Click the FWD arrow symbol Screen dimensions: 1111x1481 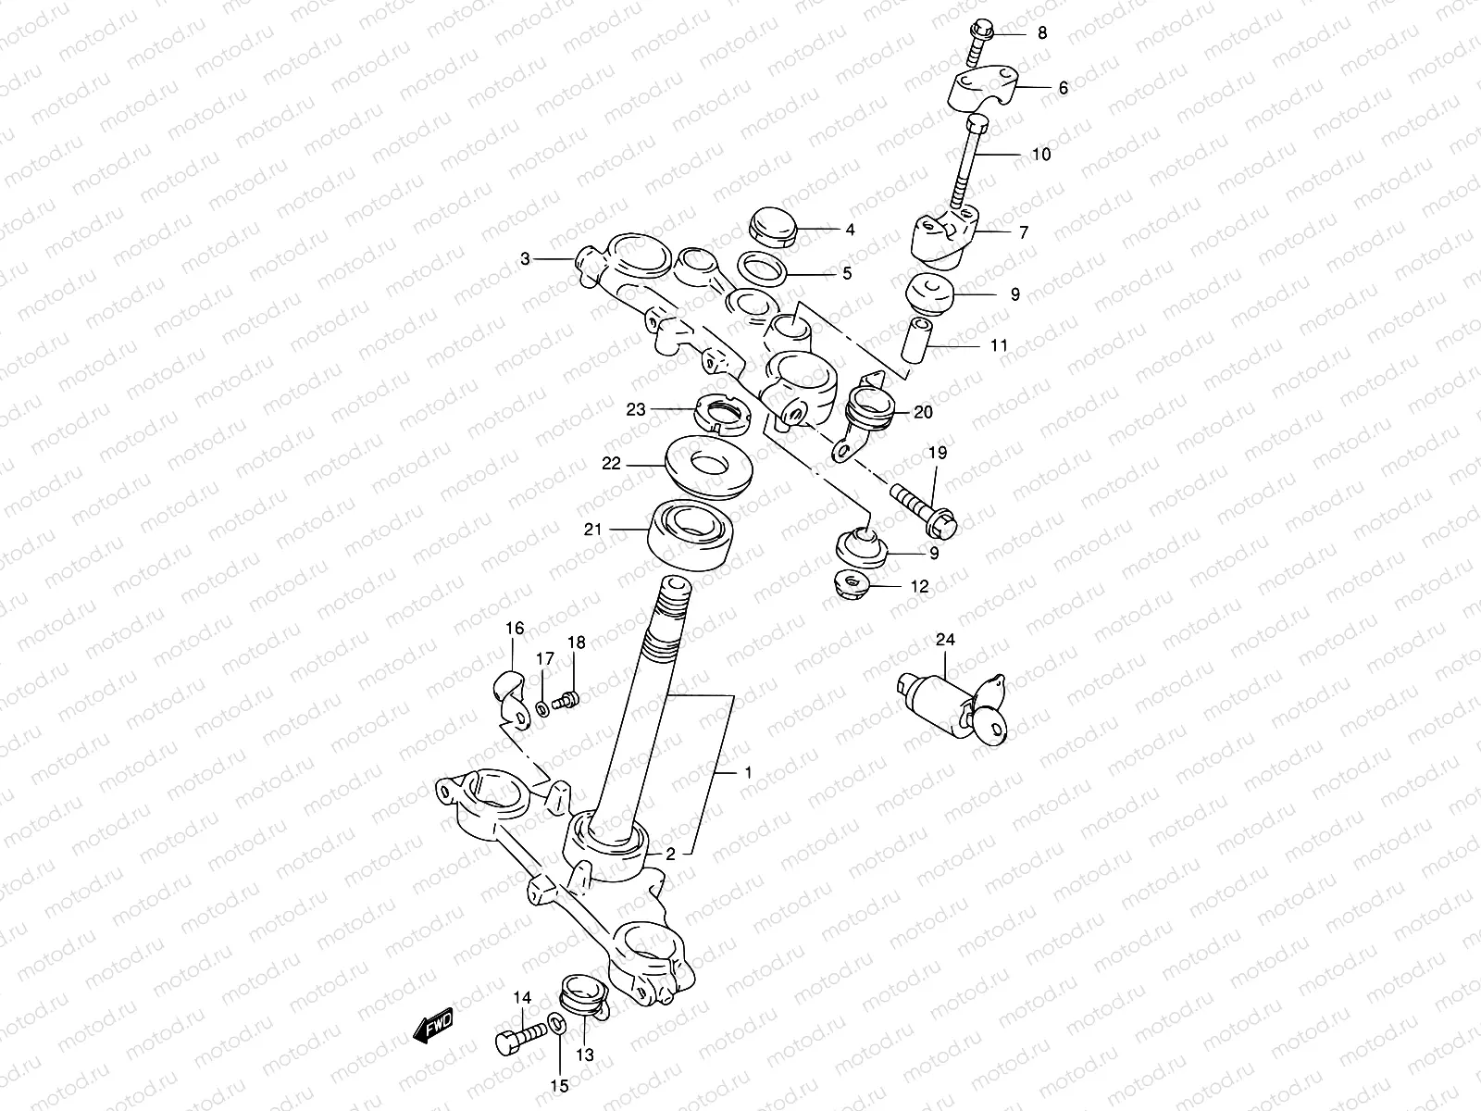point(432,1026)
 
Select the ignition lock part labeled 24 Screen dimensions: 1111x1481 point(953,706)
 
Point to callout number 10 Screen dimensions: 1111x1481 point(1041,154)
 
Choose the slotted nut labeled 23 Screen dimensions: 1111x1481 point(721,411)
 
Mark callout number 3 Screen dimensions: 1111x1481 point(525,259)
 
